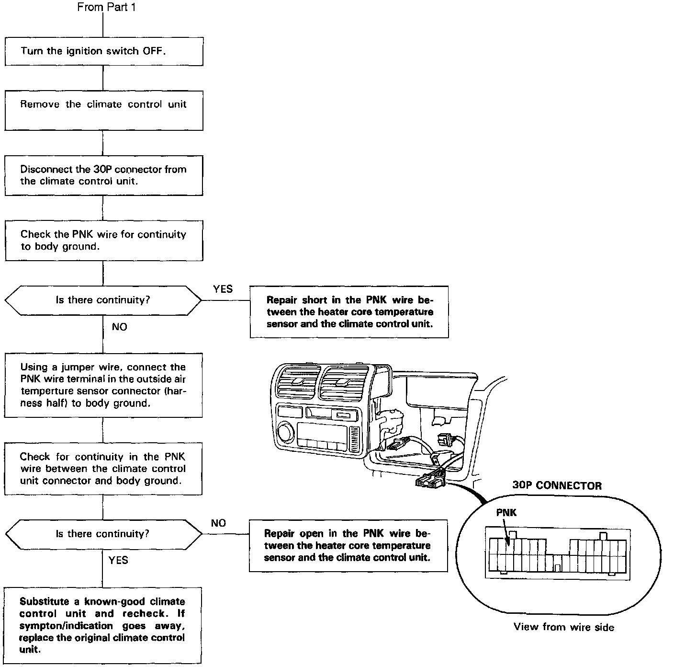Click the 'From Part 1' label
point(106,7)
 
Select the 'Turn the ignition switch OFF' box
point(104,51)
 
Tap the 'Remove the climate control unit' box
point(104,110)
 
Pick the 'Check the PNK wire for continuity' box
point(104,240)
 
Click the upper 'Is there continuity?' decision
point(103,300)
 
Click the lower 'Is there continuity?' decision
point(103,534)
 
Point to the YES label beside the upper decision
point(223,289)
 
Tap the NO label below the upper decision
point(119,327)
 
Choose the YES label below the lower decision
point(118,560)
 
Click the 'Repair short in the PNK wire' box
point(349,312)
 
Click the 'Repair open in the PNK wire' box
point(348,545)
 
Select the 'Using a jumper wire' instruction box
point(103,385)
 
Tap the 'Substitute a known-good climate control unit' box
point(103,625)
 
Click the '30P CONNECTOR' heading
point(557,485)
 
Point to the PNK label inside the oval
point(506,513)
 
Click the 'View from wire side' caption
point(563,627)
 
